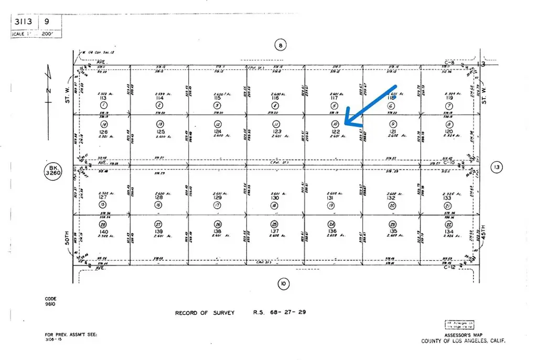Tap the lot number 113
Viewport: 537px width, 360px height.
103,98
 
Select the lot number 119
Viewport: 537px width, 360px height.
448,98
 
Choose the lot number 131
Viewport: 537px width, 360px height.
330,198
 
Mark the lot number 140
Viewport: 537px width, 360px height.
103,231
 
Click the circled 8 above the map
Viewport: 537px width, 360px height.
281,46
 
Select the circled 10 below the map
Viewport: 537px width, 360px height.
283,284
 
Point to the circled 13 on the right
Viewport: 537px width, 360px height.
497,167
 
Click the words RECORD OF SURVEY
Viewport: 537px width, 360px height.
205,313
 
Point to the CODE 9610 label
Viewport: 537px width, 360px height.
50,301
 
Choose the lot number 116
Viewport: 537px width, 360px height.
275,98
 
